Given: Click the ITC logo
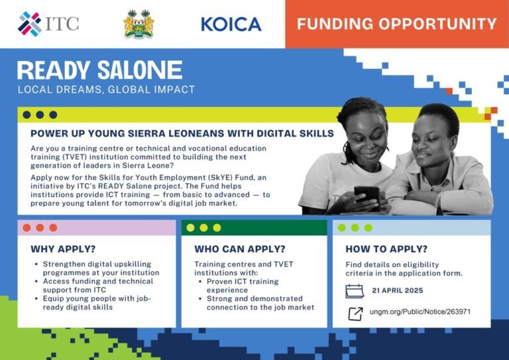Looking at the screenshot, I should coord(48,24).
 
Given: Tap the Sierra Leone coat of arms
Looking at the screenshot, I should coord(139,24).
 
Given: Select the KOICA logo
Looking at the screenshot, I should coord(231,25).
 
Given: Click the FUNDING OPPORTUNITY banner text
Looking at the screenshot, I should coord(396,25).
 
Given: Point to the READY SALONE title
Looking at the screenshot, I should coord(99,70).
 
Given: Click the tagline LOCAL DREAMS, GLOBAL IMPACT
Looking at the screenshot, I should coord(106,90).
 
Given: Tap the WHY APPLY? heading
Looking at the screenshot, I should coord(63,249).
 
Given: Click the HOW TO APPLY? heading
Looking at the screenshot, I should coord(386,249).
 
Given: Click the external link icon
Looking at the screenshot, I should coord(355,312).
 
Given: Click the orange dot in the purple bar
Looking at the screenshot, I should coord(27,227).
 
